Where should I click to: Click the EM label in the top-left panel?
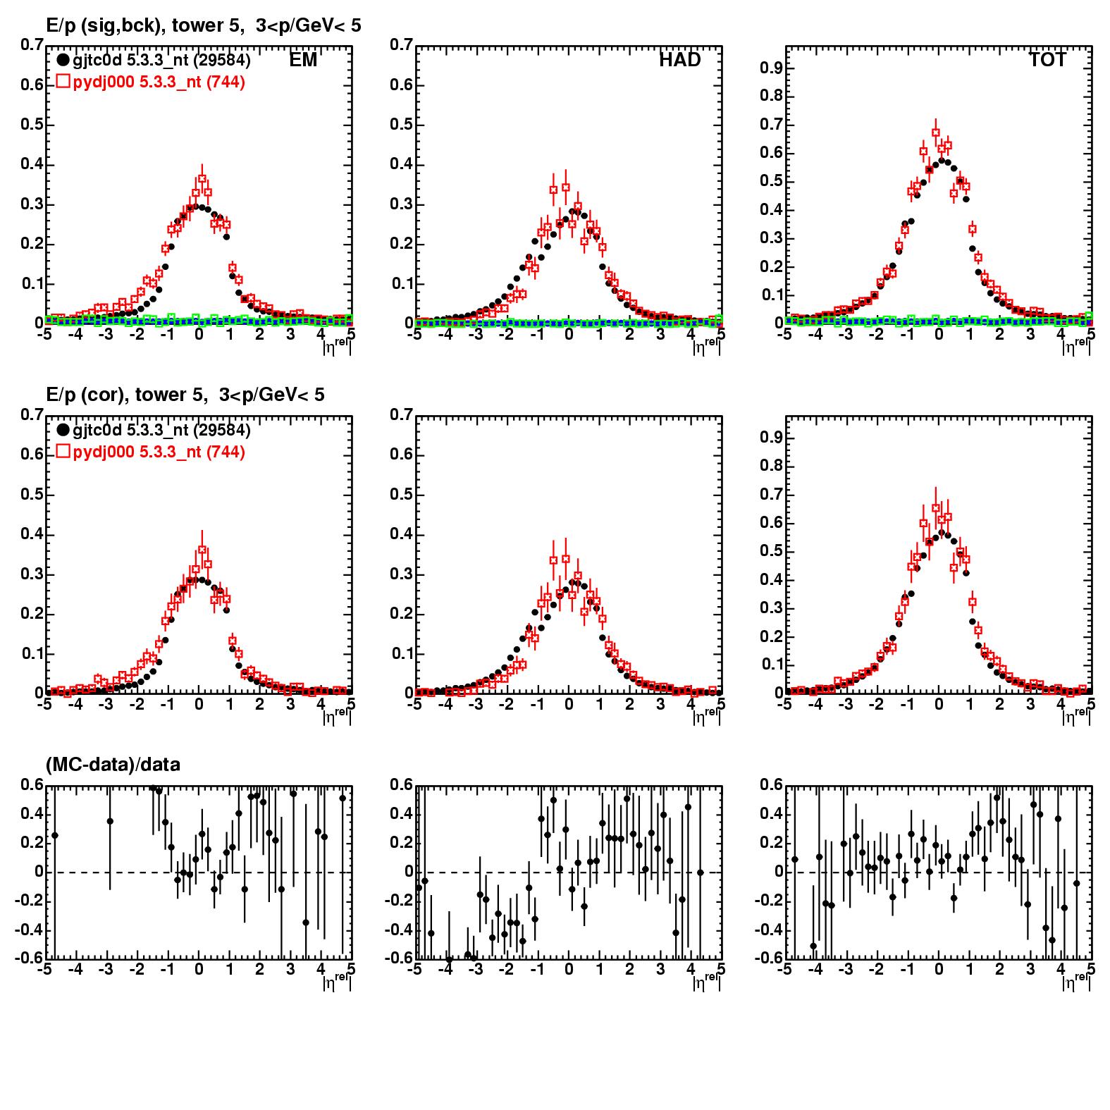point(303,61)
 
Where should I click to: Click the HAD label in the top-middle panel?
point(680,61)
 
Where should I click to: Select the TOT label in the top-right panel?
point(1047,61)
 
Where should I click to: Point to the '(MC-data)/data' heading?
point(113,764)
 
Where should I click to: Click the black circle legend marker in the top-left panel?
point(63,61)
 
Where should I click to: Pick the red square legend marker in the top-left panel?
point(63,82)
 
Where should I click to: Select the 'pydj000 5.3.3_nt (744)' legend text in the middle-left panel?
point(159,452)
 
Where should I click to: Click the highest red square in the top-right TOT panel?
point(936,132)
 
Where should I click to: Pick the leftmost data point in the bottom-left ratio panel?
point(55,835)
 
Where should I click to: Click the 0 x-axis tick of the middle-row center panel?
point(569,703)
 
